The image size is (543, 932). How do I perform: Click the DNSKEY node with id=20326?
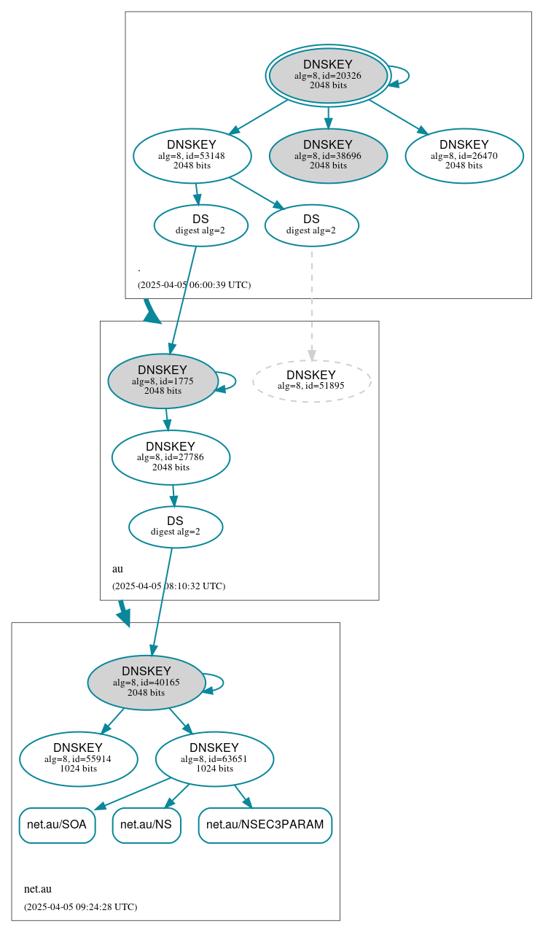[328, 76]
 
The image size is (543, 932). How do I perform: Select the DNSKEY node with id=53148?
[192, 155]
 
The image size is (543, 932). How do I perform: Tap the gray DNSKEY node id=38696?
[328, 155]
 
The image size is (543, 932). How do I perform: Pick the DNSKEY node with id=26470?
[464, 155]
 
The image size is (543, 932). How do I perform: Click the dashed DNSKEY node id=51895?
[311, 381]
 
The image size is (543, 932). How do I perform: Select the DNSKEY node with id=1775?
[163, 381]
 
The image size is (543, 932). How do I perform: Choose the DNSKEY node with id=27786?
[171, 457]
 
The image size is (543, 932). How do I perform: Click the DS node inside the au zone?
[175, 527]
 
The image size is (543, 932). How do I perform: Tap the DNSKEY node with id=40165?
[147, 683]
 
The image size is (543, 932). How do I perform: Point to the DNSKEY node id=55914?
[78, 759]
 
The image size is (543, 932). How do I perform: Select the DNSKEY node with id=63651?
[214, 759]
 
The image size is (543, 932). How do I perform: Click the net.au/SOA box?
[57, 825]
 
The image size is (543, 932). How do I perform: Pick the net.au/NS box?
[146, 825]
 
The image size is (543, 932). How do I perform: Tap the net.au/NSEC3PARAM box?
[265, 825]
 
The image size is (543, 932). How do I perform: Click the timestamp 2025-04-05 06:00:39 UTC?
[194, 285]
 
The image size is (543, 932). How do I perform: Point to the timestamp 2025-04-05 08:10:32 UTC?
[168, 586]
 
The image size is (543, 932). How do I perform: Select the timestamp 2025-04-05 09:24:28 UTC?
[80, 907]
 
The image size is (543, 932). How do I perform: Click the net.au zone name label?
[38, 889]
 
